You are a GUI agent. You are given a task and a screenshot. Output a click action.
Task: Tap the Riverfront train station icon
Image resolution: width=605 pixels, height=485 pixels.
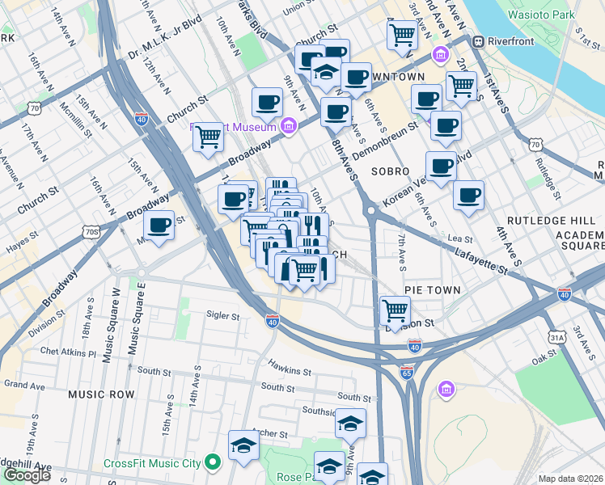[x=478, y=40]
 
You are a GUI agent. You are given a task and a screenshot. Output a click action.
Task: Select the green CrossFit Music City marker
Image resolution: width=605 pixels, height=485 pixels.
[x=213, y=462]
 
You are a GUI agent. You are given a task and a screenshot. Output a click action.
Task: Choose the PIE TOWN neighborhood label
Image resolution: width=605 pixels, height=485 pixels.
[x=433, y=289]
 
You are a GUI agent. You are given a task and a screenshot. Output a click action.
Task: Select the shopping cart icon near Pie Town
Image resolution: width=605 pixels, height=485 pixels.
[x=395, y=309]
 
